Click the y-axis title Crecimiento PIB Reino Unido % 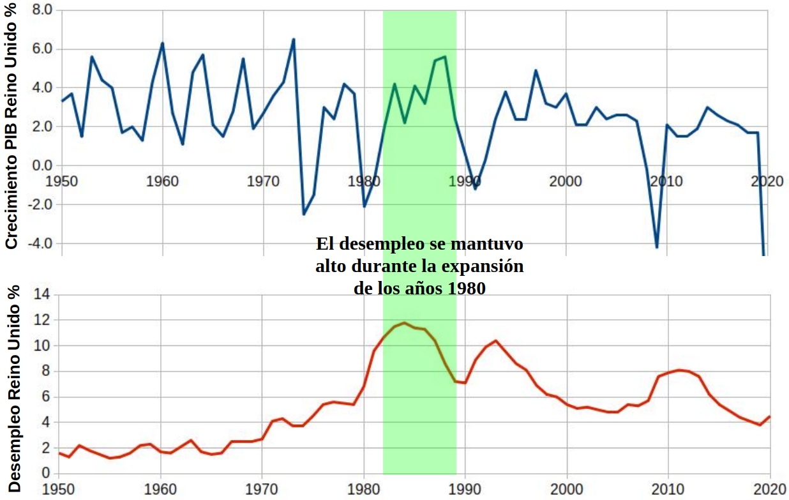tap(11, 125)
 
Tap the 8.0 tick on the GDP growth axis tap(42, 10)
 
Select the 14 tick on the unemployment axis tap(42, 294)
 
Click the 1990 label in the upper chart tap(465, 181)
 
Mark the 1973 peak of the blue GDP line tap(293, 40)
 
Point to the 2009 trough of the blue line tap(656, 247)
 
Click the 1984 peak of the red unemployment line tap(404, 322)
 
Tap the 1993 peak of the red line tap(495, 340)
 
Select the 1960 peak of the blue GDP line tap(162, 43)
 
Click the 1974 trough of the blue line tap(303, 214)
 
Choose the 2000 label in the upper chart tap(566, 181)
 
